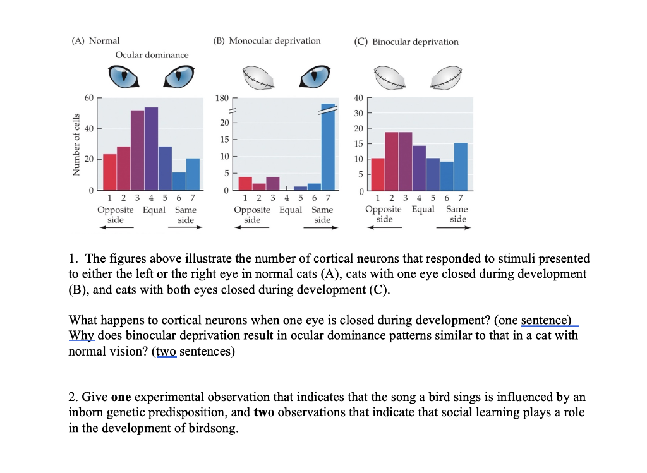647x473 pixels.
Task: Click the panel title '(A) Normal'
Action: [x=95, y=40]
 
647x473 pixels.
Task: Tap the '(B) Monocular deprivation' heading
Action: [x=267, y=40]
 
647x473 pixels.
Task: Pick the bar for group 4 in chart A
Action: [x=151, y=148]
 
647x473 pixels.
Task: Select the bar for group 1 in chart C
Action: [x=377, y=174]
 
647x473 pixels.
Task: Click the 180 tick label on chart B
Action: [x=221, y=99]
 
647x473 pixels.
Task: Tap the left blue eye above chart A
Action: [x=123, y=77]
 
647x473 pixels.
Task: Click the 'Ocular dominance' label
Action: [x=152, y=55]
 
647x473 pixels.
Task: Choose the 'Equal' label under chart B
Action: [x=291, y=210]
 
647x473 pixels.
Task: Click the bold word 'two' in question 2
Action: [x=265, y=413]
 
